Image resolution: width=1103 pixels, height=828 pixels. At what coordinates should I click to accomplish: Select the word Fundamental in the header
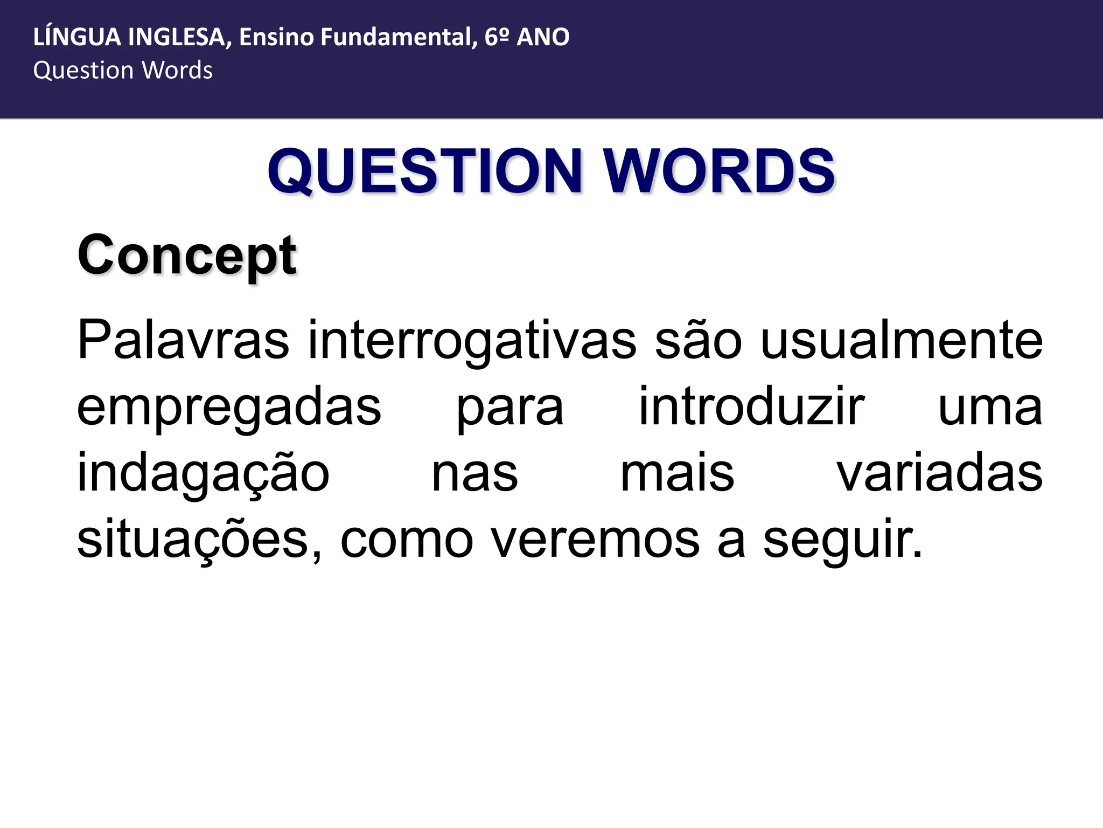(x=398, y=37)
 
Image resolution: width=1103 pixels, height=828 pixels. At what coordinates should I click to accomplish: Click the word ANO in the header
(x=543, y=37)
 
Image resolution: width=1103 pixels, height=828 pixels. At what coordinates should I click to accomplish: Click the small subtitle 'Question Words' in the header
(x=123, y=71)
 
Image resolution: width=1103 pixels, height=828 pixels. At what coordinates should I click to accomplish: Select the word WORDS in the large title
(x=718, y=171)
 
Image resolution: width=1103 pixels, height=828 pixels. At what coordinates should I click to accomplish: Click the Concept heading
(x=186, y=256)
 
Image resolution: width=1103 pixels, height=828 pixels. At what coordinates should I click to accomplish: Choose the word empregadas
(x=229, y=408)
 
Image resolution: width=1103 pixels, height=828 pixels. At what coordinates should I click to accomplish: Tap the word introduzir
(x=751, y=408)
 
